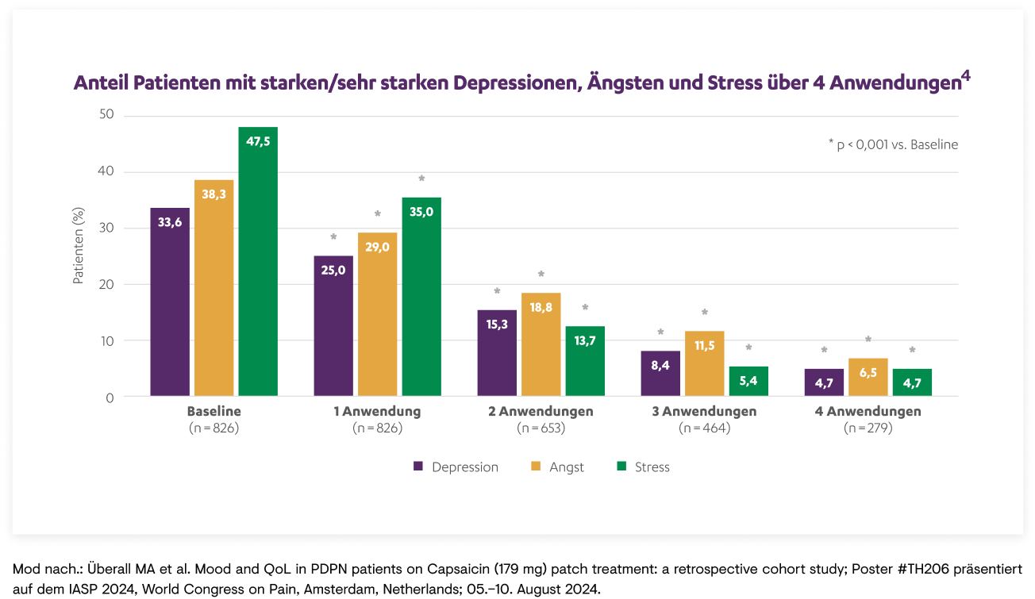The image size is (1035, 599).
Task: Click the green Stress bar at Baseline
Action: tap(258, 262)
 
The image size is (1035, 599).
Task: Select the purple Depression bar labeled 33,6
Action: tap(170, 301)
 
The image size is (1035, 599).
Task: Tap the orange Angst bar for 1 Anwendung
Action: tap(378, 314)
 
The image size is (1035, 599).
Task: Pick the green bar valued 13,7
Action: tap(585, 361)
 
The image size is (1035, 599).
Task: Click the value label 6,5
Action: tap(868, 372)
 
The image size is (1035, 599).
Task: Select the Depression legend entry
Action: tap(456, 467)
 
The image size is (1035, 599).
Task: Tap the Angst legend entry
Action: tap(558, 467)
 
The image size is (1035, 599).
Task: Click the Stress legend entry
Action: tap(643, 467)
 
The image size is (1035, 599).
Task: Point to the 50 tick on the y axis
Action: tap(106, 116)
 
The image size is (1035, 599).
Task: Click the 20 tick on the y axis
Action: tap(106, 284)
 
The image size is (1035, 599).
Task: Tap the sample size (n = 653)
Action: tap(541, 428)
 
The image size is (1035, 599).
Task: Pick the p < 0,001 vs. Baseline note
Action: tap(893, 144)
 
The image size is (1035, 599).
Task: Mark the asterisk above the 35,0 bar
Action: tap(421, 179)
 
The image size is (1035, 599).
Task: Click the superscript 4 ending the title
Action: tap(965, 76)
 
